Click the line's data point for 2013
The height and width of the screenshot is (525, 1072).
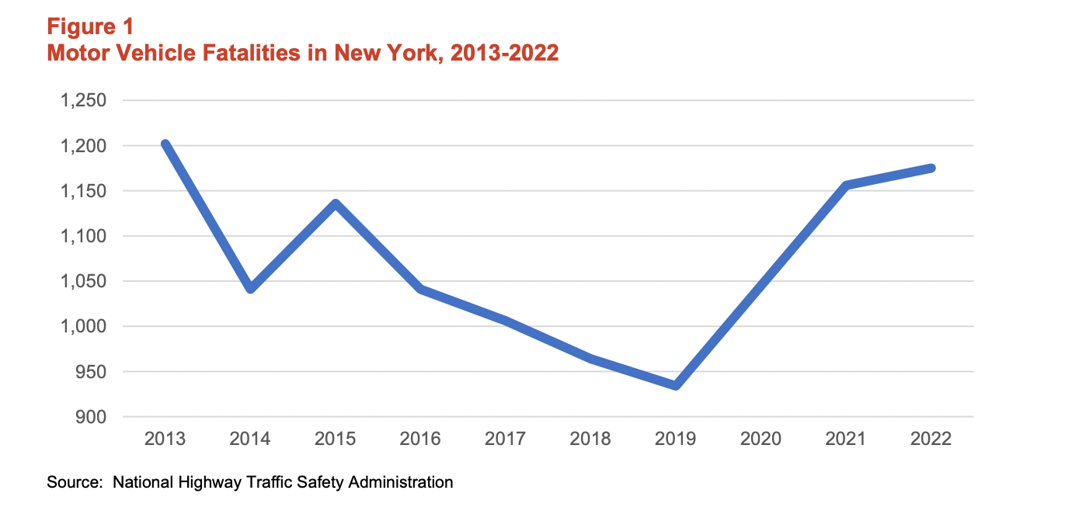(x=165, y=144)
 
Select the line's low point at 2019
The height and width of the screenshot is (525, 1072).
(x=676, y=385)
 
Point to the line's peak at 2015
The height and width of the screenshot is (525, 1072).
(x=336, y=204)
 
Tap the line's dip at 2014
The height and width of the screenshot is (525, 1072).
(x=250, y=289)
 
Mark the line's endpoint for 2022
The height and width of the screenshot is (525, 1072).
(x=931, y=168)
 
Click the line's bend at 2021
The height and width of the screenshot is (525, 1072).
(x=846, y=185)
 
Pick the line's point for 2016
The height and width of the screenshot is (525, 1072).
(x=420, y=289)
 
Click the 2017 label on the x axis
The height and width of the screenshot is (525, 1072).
(x=505, y=439)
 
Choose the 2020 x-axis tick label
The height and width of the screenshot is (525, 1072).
(x=760, y=439)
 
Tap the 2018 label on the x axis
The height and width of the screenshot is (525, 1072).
(x=590, y=439)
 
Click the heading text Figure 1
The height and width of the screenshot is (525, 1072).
(x=90, y=26)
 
